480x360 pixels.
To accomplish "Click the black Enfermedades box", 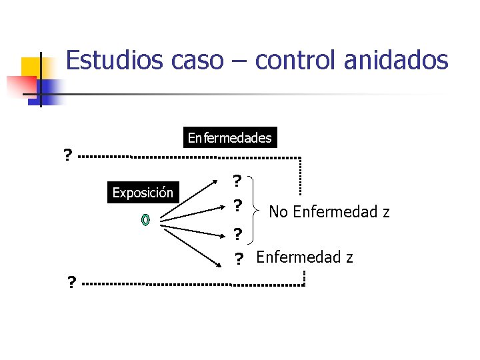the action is pyautogui.click(x=229, y=138).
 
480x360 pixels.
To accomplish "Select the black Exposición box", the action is pyautogui.click(x=143, y=193).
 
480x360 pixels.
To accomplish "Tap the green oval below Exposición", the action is pyautogui.click(x=146, y=220).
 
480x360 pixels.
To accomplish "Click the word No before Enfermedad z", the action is pyautogui.click(x=279, y=212).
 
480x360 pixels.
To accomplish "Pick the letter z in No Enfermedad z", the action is pyautogui.click(x=386, y=213).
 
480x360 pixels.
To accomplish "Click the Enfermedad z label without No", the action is pyautogui.click(x=305, y=257).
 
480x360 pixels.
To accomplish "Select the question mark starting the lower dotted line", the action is pyautogui.click(x=71, y=283).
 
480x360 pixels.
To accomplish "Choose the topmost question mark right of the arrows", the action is pyautogui.click(x=237, y=181).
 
